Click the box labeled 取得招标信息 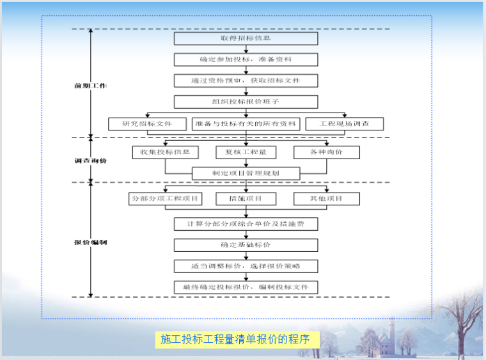(246, 38)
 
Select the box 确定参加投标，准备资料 (246, 59)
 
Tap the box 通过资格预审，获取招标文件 (246, 81)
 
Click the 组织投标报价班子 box (246, 102)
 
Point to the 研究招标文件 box (147, 123)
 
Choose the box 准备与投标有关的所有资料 (246, 123)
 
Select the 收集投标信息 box (165, 152)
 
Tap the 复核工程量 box (246, 152)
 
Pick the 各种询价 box (326, 152)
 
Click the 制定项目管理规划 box (246, 173)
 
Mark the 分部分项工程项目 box (165, 199)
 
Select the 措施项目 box (246, 199)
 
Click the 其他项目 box (326, 199)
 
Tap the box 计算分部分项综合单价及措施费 (246, 224)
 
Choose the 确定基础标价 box (246, 245)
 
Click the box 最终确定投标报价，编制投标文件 (246, 287)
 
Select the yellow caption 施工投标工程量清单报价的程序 (235, 340)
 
